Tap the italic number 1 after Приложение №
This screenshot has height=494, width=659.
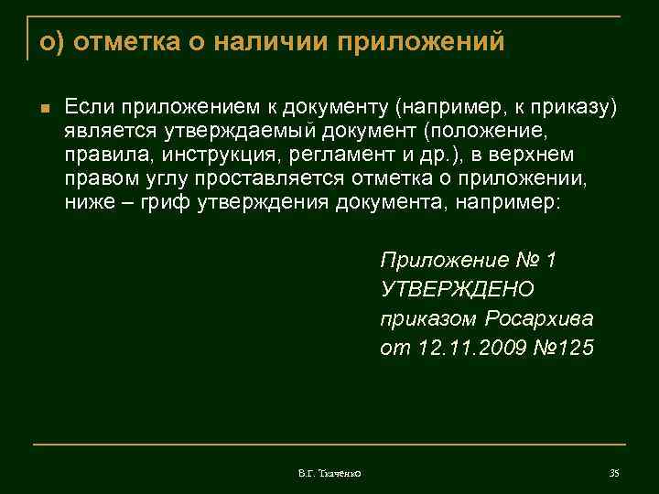(x=550, y=260)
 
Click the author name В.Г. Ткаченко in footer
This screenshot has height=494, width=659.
(x=329, y=472)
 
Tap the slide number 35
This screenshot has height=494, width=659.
(x=614, y=472)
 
